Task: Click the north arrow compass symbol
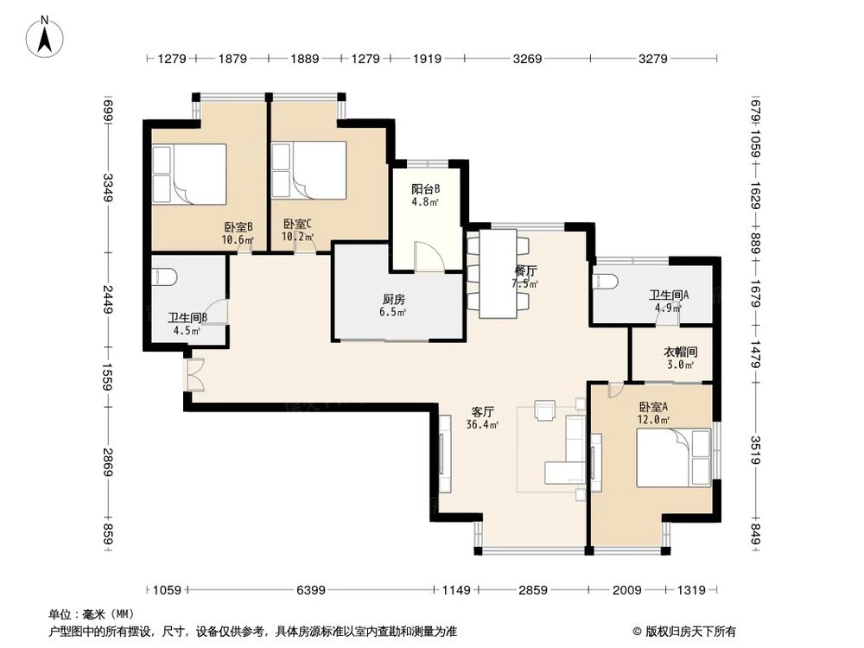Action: point(45,37)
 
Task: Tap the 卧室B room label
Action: point(238,226)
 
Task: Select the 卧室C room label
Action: point(297,224)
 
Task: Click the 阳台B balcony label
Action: point(425,189)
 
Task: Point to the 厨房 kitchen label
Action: point(393,299)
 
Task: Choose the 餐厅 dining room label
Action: point(525,271)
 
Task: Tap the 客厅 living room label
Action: point(483,411)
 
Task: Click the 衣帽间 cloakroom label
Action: point(680,352)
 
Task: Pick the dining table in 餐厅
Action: point(499,273)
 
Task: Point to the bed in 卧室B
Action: point(189,174)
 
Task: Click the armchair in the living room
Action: point(545,411)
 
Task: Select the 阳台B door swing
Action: point(429,257)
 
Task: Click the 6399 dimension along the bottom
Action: point(311,590)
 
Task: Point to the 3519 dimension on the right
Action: point(755,450)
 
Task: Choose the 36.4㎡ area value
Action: point(483,425)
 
